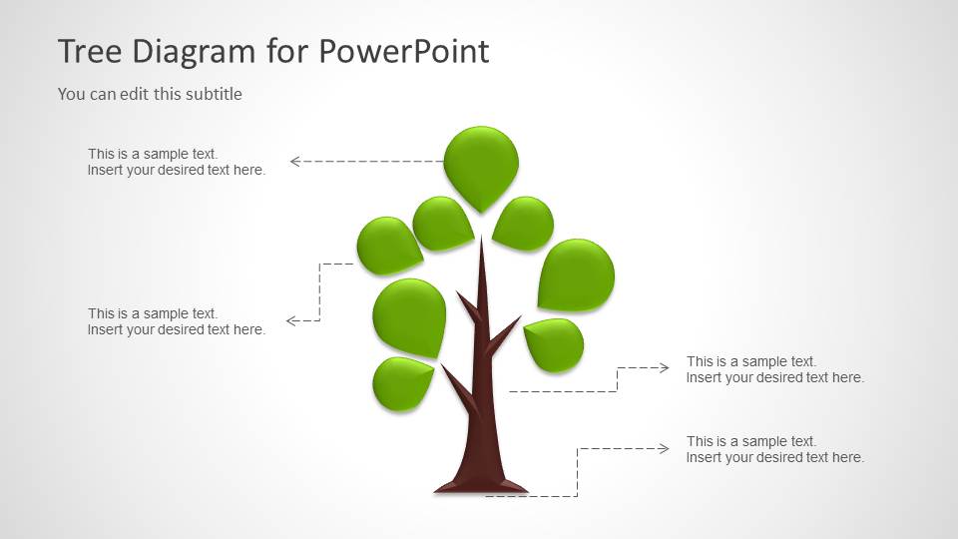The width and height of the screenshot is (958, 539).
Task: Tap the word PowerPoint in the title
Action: click(x=404, y=51)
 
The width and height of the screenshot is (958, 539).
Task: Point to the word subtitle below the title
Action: click(x=213, y=94)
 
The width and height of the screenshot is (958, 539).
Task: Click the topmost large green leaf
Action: click(x=481, y=163)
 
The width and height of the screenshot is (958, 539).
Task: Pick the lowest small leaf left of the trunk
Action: click(x=401, y=382)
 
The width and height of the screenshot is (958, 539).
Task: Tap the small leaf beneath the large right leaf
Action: click(x=554, y=343)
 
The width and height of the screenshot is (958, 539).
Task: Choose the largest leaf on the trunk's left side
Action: click(x=410, y=315)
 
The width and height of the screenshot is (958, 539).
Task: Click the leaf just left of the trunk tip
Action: click(x=442, y=222)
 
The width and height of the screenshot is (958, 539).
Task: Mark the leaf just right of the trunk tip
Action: click(x=524, y=223)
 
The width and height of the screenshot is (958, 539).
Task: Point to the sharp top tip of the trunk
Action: click(x=482, y=242)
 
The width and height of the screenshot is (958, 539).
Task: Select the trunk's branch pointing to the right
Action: click(x=505, y=333)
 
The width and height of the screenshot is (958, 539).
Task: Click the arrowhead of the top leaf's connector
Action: click(x=295, y=161)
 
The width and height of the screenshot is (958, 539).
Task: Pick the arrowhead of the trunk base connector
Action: click(x=664, y=449)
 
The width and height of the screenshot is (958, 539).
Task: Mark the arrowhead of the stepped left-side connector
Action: click(x=291, y=321)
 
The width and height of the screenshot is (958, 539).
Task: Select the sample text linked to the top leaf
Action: click(x=177, y=162)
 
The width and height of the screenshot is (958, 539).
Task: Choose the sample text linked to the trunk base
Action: click(x=774, y=449)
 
